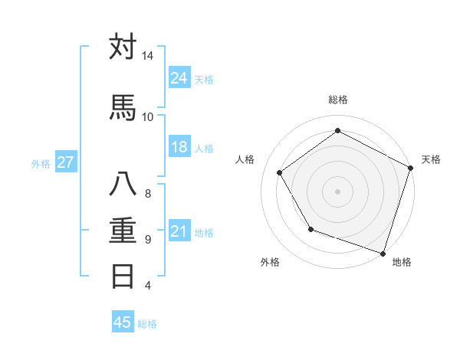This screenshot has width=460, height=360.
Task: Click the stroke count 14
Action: pyautogui.click(x=147, y=56)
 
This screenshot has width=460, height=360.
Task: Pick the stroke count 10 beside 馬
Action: pyautogui.click(x=147, y=116)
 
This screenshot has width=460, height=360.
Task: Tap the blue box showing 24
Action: pyautogui.click(x=179, y=77)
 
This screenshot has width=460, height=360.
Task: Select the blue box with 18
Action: pyautogui.click(x=179, y=147)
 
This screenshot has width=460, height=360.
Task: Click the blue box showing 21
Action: pyautogui.click(x=179, y=231)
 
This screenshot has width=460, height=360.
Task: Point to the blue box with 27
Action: pyautogui.click(x=65, y=162)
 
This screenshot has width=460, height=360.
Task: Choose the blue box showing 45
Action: pyautogui.click(x=123, y=322)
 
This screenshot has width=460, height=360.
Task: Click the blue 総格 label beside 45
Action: pyautogui.click(x=147, y=324)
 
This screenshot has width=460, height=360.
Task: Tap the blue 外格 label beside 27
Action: pyautogui.click(x=41, y=163)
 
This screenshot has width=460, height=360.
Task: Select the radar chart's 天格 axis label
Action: pyautogui.click(x=431, y=159)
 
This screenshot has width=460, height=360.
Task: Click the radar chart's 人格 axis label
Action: pyautogui.click(x=245, y=159)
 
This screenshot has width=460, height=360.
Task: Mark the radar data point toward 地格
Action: pyautogui.click(x=383, y=253)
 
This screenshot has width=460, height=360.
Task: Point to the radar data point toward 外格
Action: pyautogui.click(x=310, y=229)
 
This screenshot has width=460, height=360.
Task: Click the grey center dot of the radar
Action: pyautogui.click(x=337, y=191)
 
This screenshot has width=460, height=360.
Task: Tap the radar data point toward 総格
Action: pyautogui.click(x=337, y=131)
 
